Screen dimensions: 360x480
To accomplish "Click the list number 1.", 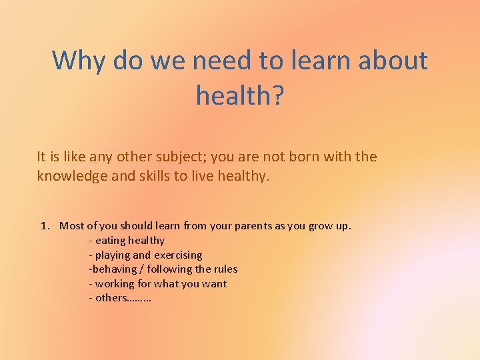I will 45,226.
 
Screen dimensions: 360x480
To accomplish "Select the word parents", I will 257,226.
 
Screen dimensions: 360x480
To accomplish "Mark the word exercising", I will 178,255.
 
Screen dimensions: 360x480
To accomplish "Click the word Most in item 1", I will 71,226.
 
